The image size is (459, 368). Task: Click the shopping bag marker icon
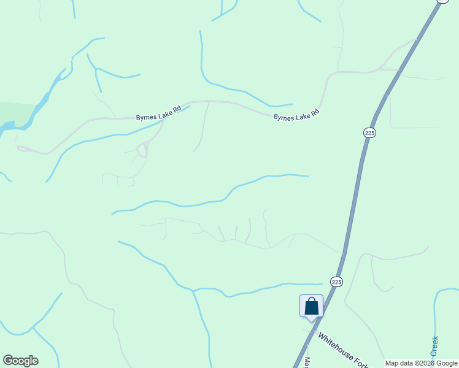tap(311, 305)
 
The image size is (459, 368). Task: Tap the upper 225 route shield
tap(369, 132)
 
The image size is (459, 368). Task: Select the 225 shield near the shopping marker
tap(336, 282)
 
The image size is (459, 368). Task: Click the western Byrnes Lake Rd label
tap(158, 112)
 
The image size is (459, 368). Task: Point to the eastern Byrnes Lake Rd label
tap(296, 115)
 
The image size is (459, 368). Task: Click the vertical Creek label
tap(434, 346)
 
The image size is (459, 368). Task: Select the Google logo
tap(20, 361)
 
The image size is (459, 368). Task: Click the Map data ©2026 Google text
tap(422, 363)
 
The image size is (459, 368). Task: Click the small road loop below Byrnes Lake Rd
tap(142, 149)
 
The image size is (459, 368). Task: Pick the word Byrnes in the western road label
tap(146, 115)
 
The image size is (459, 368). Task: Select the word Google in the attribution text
tap(443, 363)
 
